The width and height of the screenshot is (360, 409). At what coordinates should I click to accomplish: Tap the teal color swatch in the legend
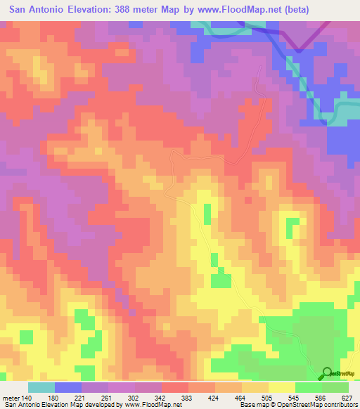(41, 387)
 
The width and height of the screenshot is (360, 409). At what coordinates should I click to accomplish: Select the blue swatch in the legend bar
(68, 387)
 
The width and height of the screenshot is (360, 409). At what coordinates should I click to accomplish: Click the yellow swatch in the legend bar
(282, 387)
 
